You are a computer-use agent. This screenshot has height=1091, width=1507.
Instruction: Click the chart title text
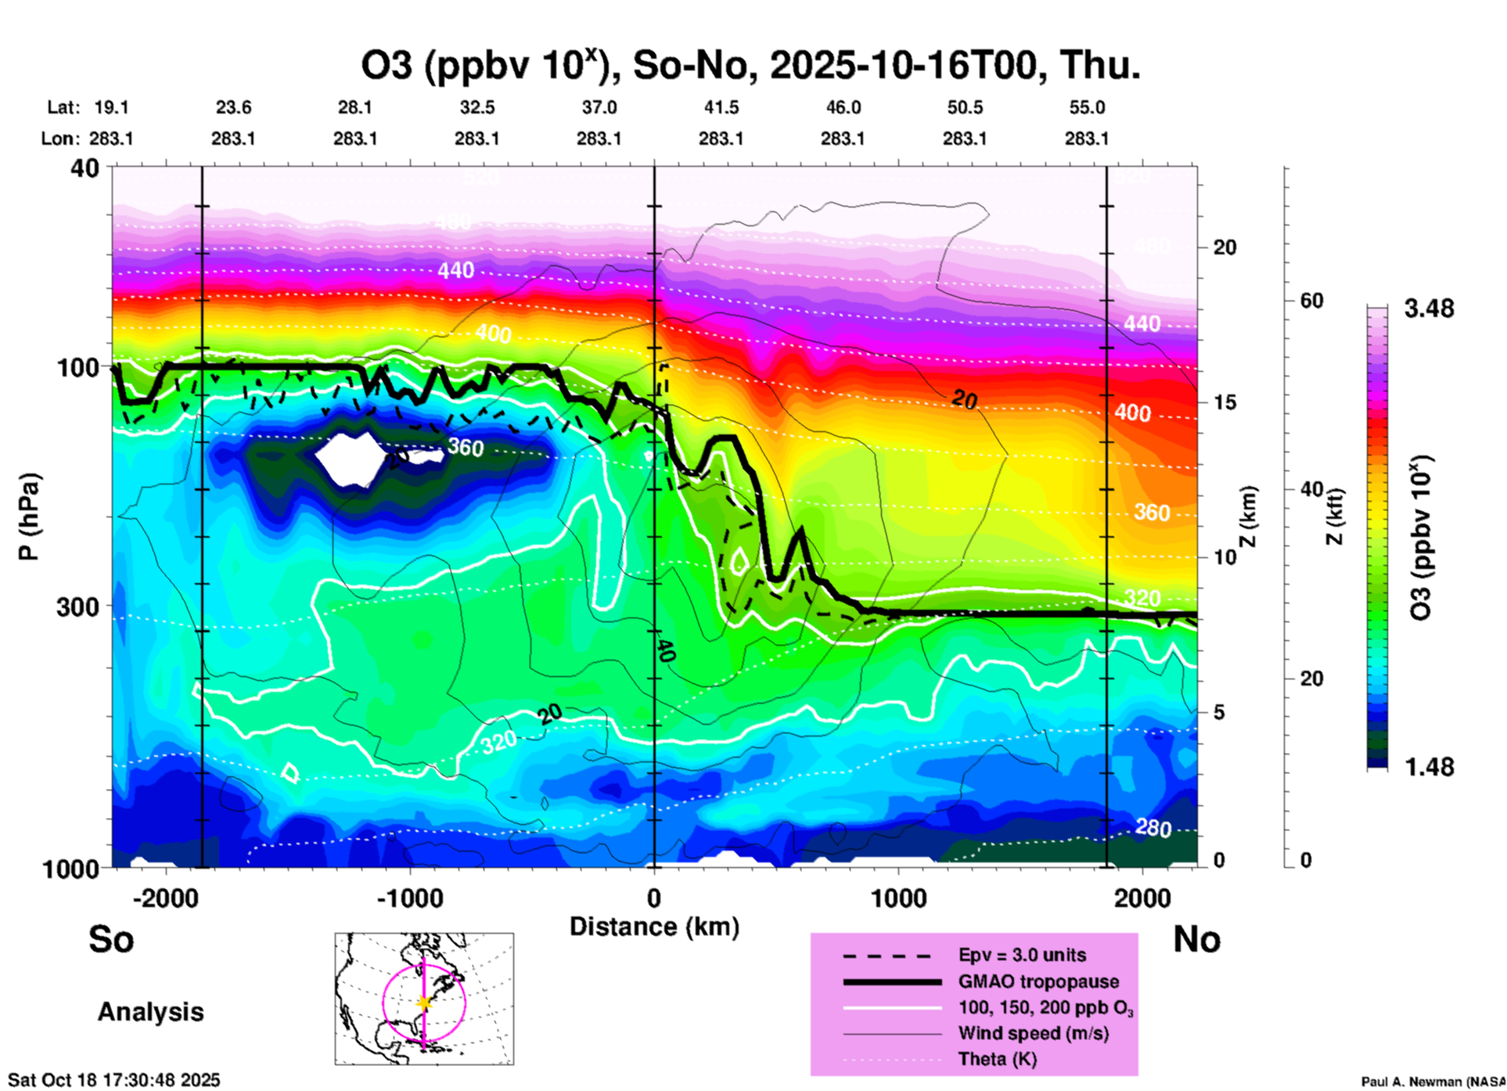point(750,66)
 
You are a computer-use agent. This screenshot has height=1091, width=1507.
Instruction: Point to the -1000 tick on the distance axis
point(410,898)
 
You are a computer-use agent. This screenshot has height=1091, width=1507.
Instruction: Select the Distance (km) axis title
point(654,927)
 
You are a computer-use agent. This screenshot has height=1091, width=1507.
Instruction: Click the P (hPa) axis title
point(29,517)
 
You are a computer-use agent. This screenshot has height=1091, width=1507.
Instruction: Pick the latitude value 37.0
point(599,107)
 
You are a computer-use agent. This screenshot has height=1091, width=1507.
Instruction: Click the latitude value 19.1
point(111,107)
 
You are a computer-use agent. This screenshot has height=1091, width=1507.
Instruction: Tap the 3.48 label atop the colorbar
point(1429,309)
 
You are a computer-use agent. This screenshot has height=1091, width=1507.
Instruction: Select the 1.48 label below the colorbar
point(1429,766)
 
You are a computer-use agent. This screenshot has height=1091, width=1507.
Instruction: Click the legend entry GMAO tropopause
point(1038,981)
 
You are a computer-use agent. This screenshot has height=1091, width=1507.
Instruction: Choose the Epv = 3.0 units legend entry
point(1022,955)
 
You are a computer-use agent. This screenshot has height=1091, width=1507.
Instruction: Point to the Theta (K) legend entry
point(997,1059)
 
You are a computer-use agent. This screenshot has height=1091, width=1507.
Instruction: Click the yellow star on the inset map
point(424,1003)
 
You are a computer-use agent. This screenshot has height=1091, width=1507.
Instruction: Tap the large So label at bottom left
point(111,939)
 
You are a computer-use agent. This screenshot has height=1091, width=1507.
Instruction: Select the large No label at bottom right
point(1196,939)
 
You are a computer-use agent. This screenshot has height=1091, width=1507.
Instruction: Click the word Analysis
point(150,1012)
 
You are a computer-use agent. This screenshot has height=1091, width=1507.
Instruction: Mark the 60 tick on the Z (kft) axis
point(1311,301)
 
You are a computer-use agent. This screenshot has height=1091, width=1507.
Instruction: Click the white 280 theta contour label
point(1153,827)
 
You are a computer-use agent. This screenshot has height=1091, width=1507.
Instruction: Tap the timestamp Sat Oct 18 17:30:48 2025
point(114,1080)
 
